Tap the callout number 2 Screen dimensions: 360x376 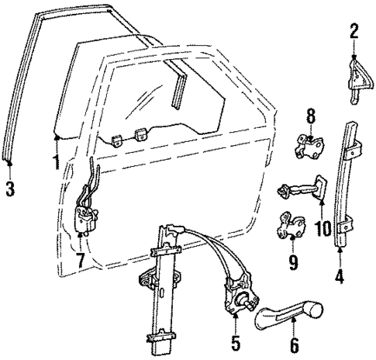(x=354, y=33)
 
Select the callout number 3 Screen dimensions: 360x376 (x=9, y=189)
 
